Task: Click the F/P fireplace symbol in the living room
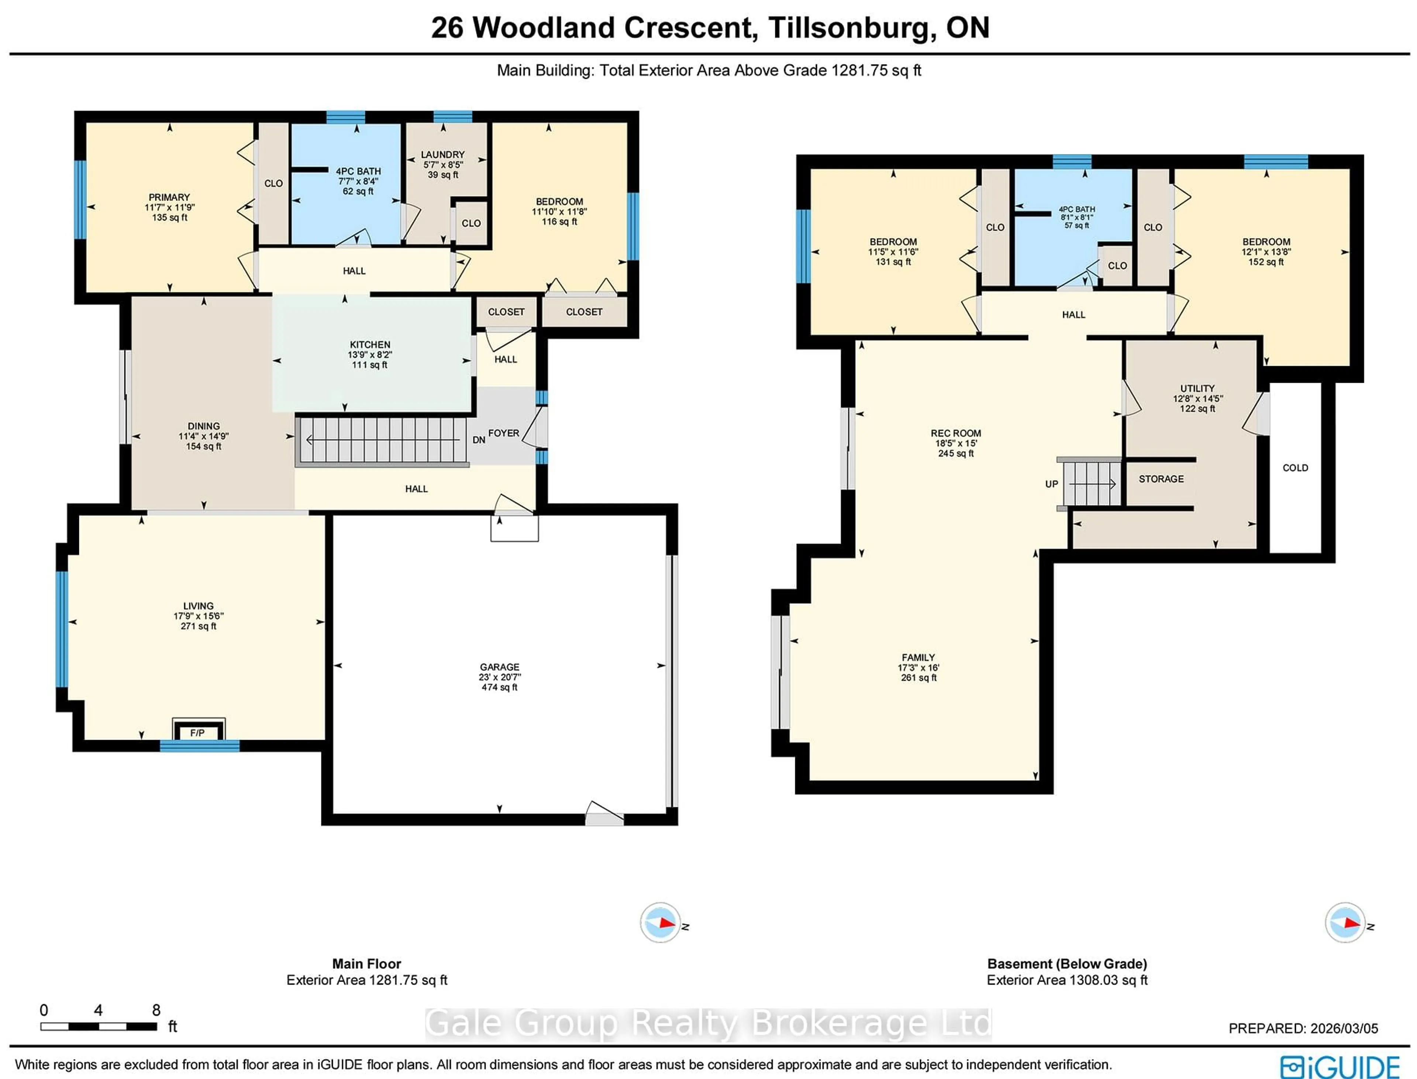pyautogui.click(x=198, y=732)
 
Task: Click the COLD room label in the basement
pyautogui.click(x=1295, y=468)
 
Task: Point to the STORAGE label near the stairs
pyautogui.click(x=1161, y=479)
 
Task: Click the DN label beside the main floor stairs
pyautogui.click(x=479, y=440)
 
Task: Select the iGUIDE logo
pyautogui.click(x=1340, y=1066)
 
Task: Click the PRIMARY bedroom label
pyautogui.click(x=169, y=197)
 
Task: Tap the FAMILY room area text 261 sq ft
pyautogui.click(x=918, y=677)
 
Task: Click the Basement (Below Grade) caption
pyautogui.click(x=1067, y=963)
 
